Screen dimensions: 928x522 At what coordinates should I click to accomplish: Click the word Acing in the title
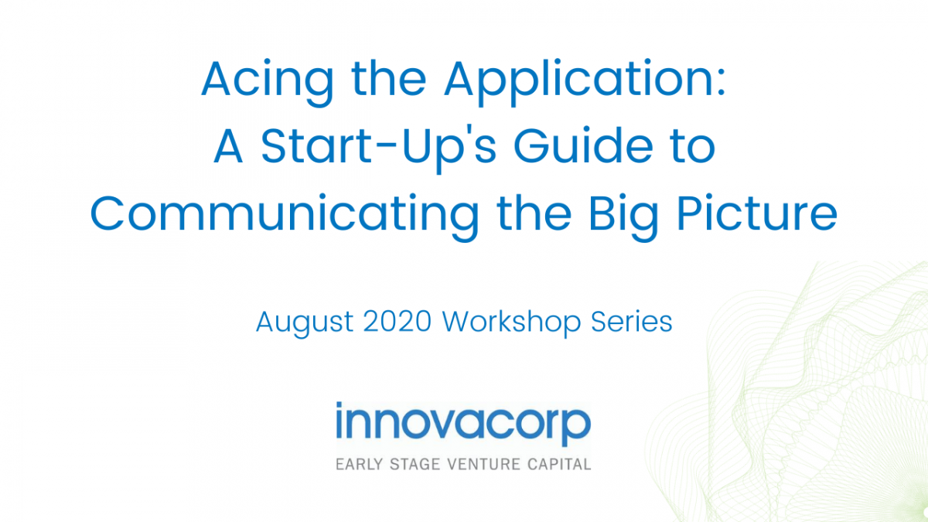(x=268, y=82)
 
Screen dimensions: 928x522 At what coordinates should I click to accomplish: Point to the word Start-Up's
(x=379, y=148)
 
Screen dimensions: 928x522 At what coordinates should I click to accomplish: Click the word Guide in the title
(x=583, y=145)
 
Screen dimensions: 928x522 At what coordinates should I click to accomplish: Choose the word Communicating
(x=285, y=217)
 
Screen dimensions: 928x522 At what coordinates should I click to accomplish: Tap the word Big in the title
(x=623, y=217)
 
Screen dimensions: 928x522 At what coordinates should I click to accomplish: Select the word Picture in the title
(x=757, y=213)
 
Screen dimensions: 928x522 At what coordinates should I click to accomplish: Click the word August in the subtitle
(x=305, y=323)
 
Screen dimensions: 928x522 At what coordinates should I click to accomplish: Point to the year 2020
(x=397, y=322)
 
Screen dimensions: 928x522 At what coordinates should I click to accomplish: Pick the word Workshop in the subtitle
(x=512, y=322)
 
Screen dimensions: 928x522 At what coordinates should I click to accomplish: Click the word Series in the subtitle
(x=631, y=322)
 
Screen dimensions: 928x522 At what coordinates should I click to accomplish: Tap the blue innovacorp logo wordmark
(x=463, y=424)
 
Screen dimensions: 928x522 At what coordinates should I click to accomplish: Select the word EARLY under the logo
(x=359, y=465)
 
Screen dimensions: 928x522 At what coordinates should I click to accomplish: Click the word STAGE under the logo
(x=415, y=465)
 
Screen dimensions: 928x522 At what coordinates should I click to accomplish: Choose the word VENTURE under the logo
(x=484, y=465)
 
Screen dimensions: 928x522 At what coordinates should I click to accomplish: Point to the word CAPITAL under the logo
(x=559, y=465)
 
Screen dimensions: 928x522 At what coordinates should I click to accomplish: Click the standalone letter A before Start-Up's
(x=228, y=145)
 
